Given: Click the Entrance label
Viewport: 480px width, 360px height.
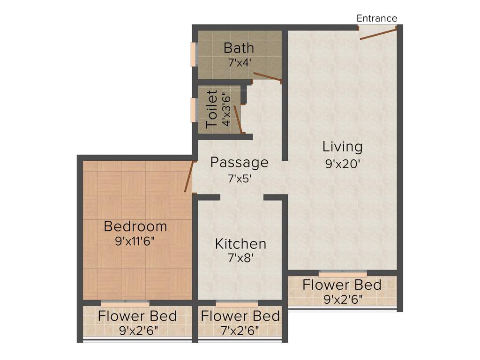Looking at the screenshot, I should [x=377, y=18].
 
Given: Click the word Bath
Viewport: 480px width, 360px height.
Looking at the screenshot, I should [x=239, y=48].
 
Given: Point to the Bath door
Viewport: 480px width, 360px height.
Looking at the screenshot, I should [x=267, y=78].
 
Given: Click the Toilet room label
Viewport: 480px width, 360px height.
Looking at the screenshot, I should [x=212, y=110].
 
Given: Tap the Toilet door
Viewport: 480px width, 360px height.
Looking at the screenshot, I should [x=238, y=119].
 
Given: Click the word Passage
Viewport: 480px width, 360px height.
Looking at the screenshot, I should [x=239, y=163].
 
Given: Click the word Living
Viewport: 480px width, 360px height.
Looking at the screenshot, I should [x=342, y=147].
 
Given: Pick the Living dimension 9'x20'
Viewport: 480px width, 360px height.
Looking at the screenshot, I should [x=342, y=164].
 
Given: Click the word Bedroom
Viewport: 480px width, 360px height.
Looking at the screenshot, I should [x=135, y=226].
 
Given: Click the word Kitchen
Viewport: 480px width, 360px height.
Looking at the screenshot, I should [x=240, y=244].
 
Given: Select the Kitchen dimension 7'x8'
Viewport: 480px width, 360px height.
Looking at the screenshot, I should [x=240, y=257].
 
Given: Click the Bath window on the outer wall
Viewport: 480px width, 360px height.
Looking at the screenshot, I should [x=193, y=55].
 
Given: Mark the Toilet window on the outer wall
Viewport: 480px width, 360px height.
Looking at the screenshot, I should [x=193, y=110].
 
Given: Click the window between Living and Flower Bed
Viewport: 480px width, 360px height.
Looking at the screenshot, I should [x=343, y=272].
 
